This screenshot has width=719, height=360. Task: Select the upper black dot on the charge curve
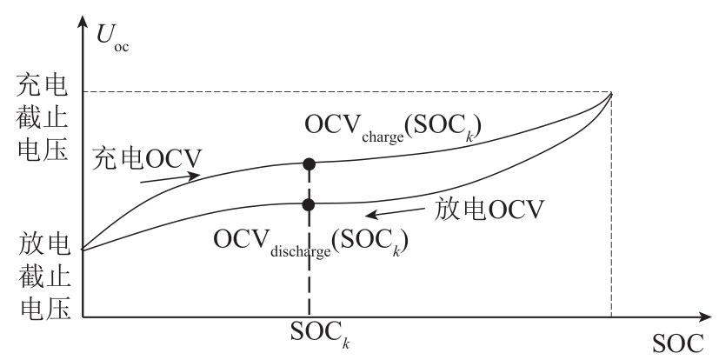click(308, 163)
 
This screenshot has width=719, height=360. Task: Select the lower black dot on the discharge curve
click(308, 204)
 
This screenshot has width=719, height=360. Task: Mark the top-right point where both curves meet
click(612, 92)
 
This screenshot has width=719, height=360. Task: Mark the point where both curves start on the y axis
click(83, 250)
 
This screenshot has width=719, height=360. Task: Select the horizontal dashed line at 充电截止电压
click(348, 92)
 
